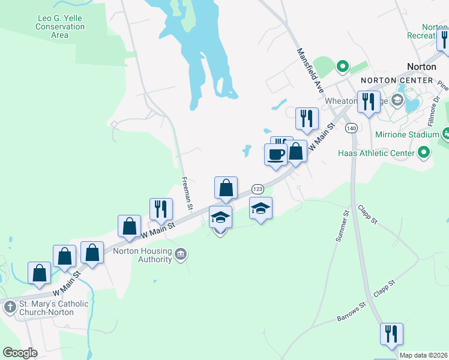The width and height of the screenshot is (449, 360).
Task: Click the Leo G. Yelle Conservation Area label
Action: pyautogui.click(x=59, y=27)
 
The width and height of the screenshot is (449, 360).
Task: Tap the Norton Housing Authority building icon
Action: pyautogui.click(x=180, y=256)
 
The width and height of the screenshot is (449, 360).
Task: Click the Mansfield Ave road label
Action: pyautogui.click(x=310, y=70)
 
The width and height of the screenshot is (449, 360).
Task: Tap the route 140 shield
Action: pyautogui.click(x=351, y=128)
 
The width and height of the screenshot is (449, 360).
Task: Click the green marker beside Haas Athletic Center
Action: pyautogui.click(x=424, y=152)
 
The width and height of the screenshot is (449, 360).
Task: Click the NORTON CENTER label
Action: pyautogui.click(x=397, y=80)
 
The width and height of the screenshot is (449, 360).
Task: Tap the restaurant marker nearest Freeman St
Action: pyautogui.click(x=161, y=209)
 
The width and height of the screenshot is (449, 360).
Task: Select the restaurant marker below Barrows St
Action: pyautogui.click(x=391, y=334)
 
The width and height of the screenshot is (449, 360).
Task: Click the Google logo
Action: pyautogui.click(x=20, y=353)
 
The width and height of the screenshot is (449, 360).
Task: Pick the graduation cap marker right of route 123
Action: pyautogui.click(x=261, y=208)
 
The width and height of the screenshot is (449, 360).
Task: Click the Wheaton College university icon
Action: pyautogui.click(x=397, y=99)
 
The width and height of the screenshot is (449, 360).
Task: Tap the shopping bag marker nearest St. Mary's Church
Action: pyautogui.click(x=40, y=273)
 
